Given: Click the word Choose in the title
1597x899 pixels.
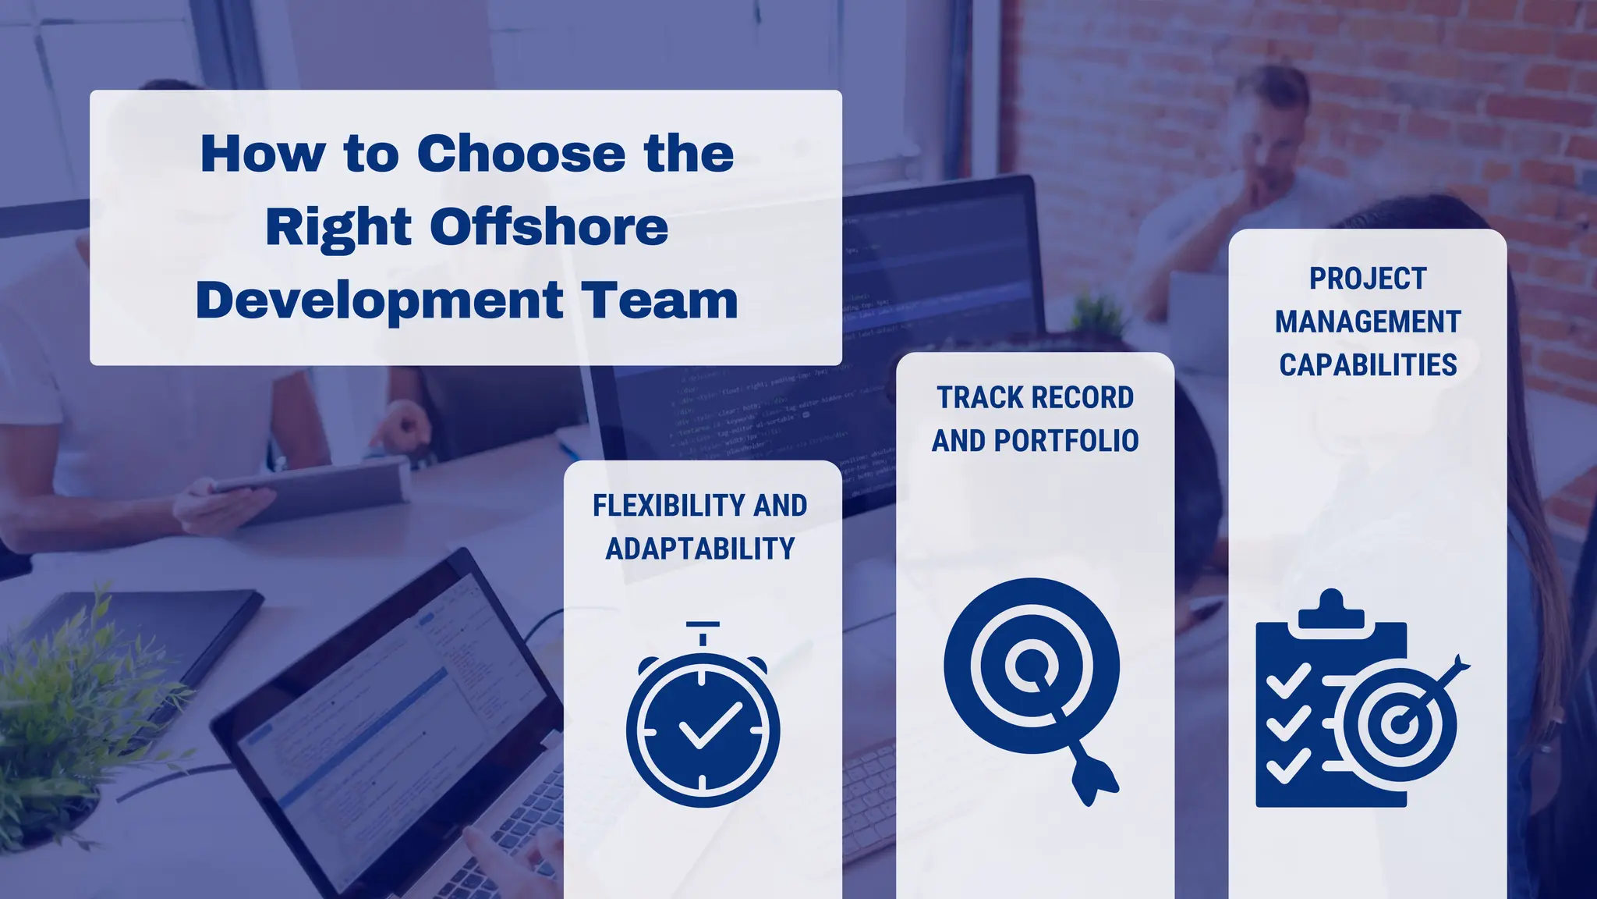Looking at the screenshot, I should (521, 154).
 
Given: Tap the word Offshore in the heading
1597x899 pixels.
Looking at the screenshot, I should (549, 227).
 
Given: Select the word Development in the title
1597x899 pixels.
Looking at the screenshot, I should (380, 301).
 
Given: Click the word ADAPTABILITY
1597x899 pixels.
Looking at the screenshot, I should (700, 549).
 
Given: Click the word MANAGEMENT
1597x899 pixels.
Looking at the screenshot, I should (1368, 322).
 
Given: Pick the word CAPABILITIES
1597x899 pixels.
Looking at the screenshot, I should (1368, 364).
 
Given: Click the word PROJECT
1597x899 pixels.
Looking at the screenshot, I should (1368, 279).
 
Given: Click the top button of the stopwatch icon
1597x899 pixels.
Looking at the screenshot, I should (703, 626).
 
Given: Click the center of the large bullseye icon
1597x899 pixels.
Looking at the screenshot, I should (1031, 665).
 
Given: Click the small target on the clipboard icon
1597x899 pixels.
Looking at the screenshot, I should (1401, 724).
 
